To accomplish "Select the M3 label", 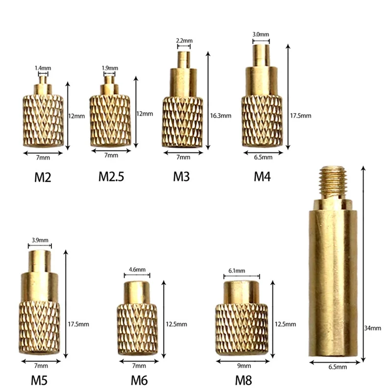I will click(182, 177).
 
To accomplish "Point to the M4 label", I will click(262, 177).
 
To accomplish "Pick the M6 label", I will click(139, 379).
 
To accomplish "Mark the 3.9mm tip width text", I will click(40, 240).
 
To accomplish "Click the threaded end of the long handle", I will click(333, 181).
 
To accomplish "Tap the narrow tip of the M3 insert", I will click(183, 58).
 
